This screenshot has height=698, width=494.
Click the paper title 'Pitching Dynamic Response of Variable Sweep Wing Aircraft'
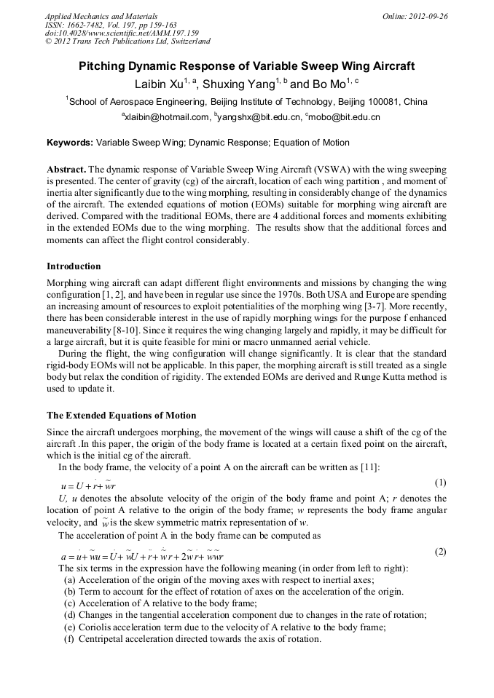coord(246,66)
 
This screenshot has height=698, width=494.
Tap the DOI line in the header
coord(122,33)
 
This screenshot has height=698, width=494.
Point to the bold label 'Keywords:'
coord(70,143)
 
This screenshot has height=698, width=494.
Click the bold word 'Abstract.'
coord(66,167)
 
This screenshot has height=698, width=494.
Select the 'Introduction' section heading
coord(74,266)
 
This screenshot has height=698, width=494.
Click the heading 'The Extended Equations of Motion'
coord(121,416)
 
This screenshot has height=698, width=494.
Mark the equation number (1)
coord(440,483)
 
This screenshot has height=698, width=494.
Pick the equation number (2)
coord(440,552)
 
